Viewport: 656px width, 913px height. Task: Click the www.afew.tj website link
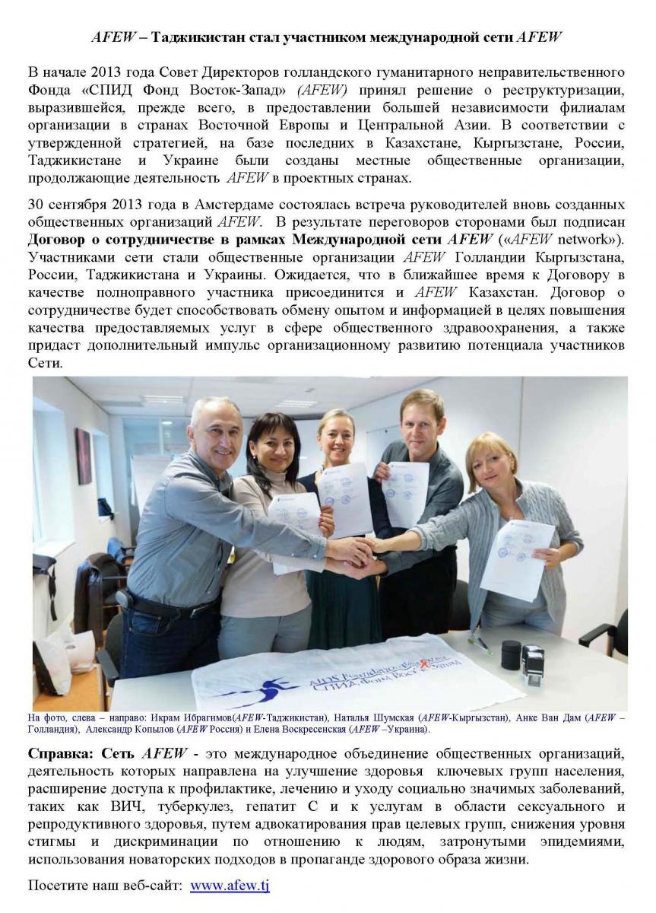pos(230,886)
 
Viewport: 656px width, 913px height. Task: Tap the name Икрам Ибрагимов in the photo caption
pos(192,717)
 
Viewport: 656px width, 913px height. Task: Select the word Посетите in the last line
pos(59,886)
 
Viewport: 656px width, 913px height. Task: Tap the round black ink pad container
pos(511,654)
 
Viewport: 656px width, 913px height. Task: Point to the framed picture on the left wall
pos(83,455)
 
